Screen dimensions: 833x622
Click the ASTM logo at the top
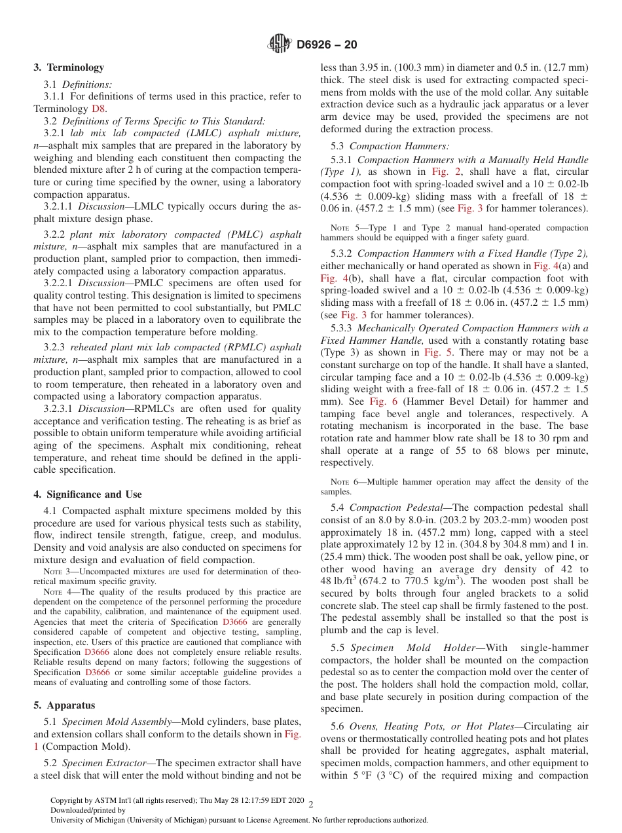point(280,44)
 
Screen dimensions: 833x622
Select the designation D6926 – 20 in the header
point(327,45)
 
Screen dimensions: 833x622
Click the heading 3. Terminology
point(69,67)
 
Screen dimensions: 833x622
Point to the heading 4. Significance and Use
point(88,494)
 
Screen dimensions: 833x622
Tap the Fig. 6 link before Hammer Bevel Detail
point(380,401)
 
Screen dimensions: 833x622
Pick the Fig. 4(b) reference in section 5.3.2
point(334,278)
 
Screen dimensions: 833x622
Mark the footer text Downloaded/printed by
point(84,810)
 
